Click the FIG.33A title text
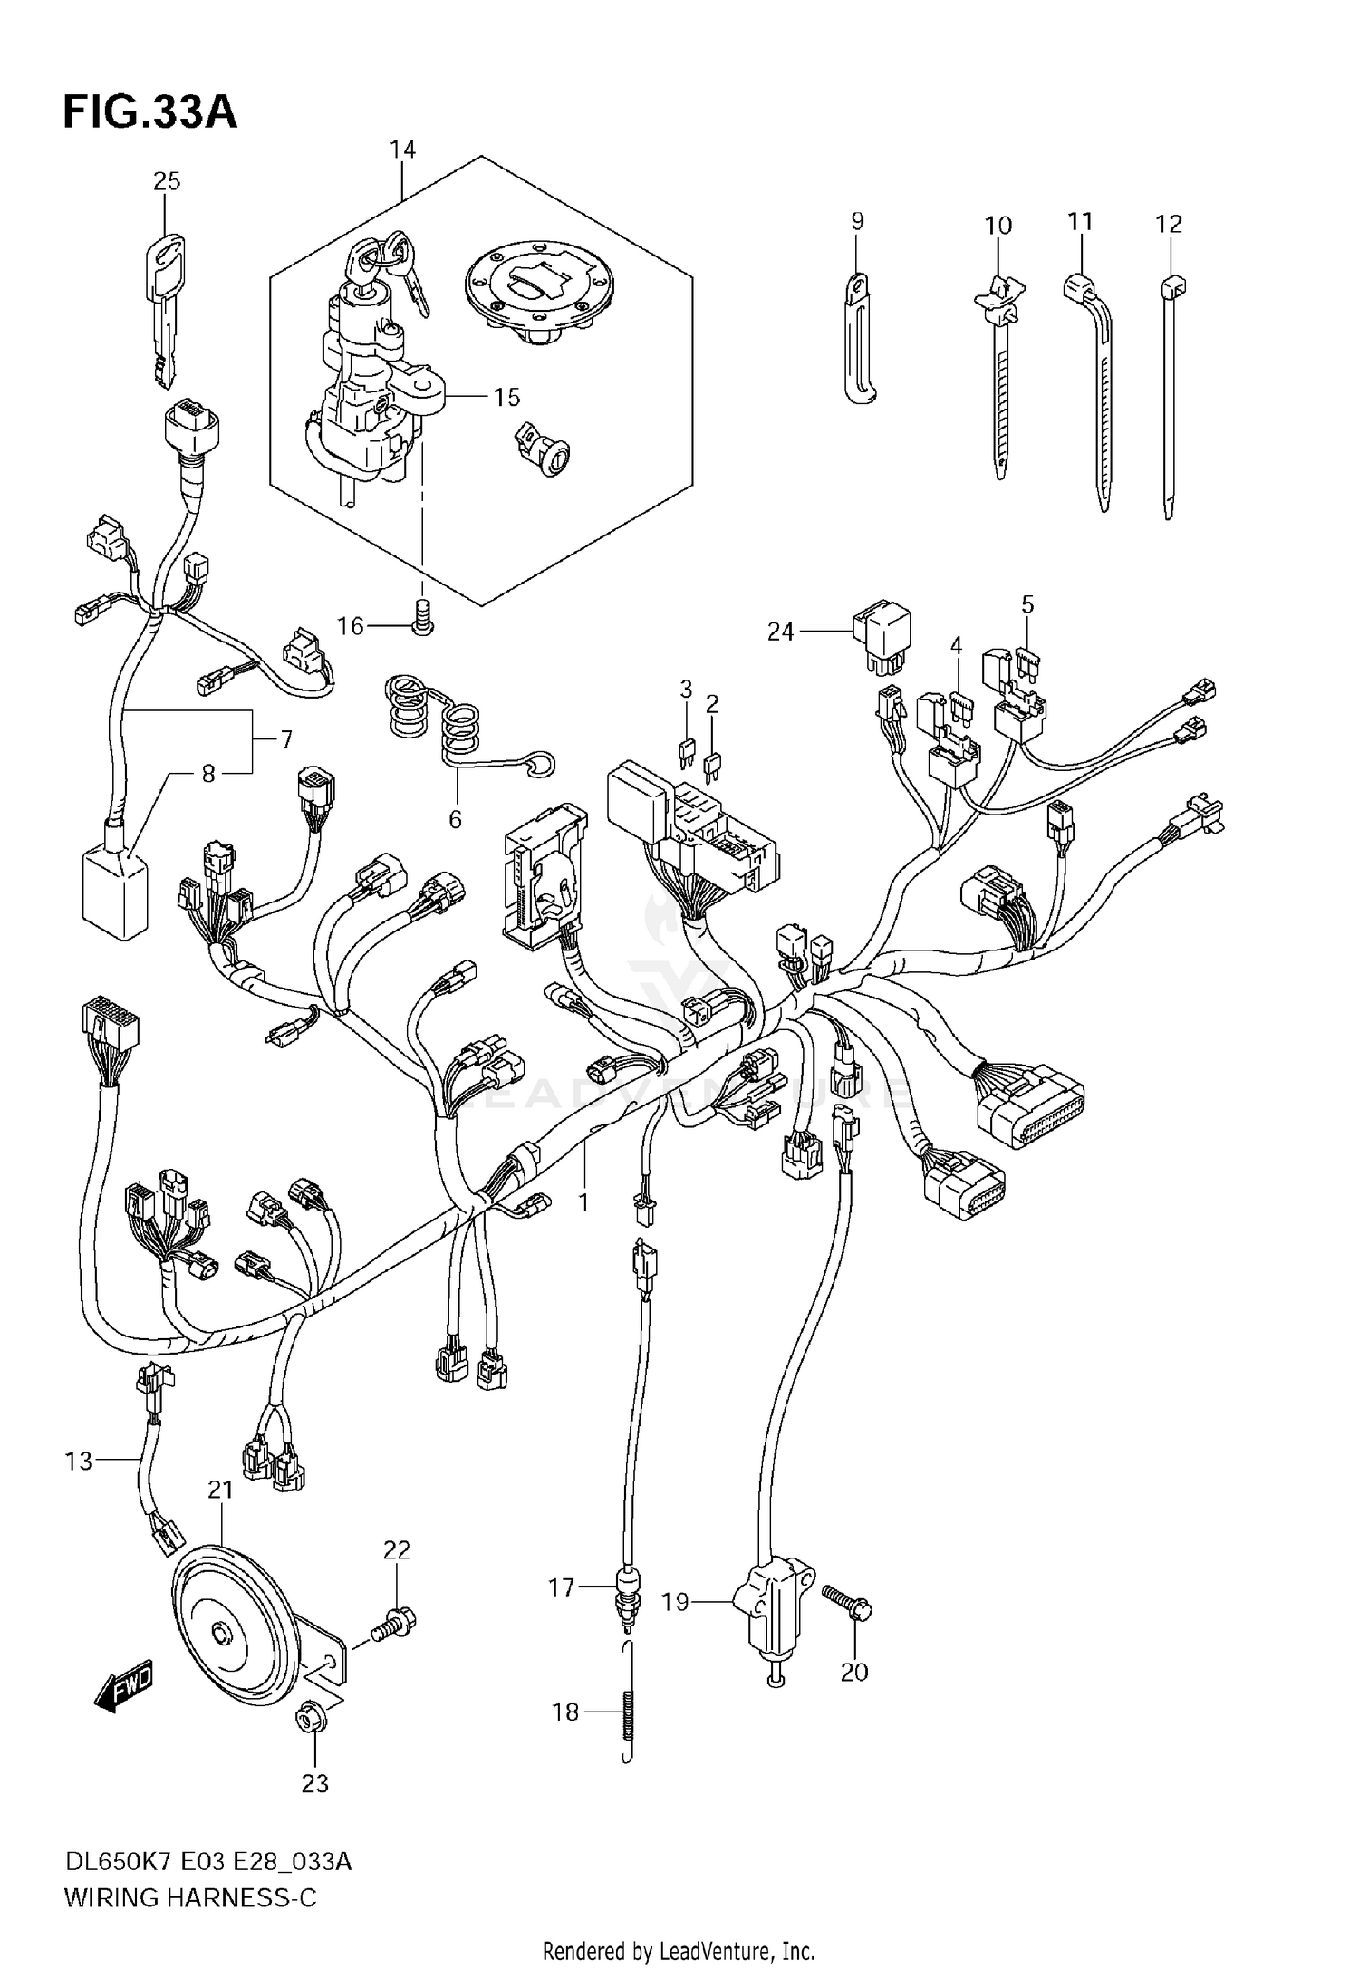[149, 113]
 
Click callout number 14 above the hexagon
[402, 150]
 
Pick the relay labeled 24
[881, 640]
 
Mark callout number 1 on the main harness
[584, 1202]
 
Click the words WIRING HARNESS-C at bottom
[190, 1897]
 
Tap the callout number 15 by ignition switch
[506, 397]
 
